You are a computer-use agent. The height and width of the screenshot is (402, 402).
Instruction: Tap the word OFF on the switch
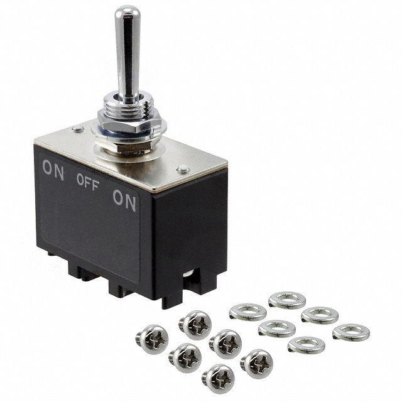88,182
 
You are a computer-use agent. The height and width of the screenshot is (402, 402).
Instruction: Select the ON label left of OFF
53,170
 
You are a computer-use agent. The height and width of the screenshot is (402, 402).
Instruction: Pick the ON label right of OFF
124,200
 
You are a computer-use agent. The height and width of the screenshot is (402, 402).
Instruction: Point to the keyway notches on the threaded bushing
146,107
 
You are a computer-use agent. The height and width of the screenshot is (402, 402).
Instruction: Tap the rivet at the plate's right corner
183,169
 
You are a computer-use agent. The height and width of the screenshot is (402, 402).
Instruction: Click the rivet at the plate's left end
78,129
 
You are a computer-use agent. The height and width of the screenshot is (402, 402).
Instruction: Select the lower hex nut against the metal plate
124,146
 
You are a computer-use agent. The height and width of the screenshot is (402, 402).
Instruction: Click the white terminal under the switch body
188,274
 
